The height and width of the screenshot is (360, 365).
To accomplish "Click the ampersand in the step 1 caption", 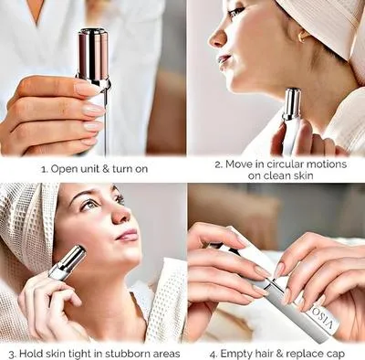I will [109, 169].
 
